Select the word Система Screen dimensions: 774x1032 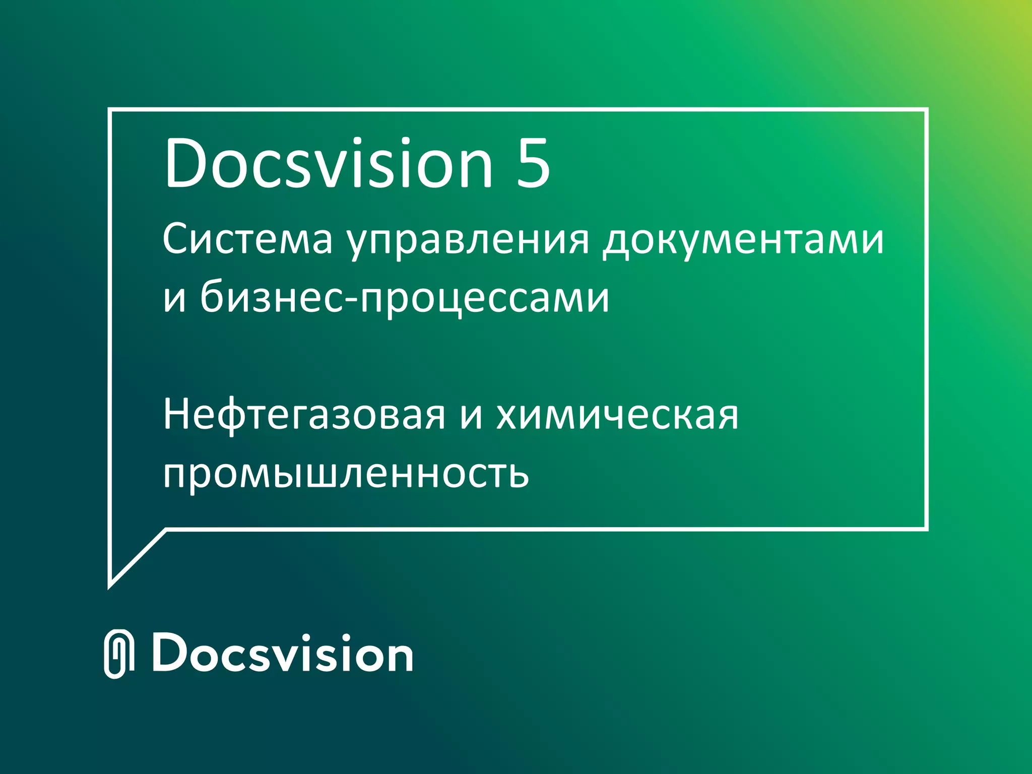(x=247, y=239)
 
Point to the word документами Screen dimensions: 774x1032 (x=743, y=241)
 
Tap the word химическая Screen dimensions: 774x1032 (x=617, y=416)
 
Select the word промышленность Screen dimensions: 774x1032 (x=346, y=474)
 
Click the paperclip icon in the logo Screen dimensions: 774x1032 (x=119, y=654)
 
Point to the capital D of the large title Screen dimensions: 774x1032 (x=188, y=164)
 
